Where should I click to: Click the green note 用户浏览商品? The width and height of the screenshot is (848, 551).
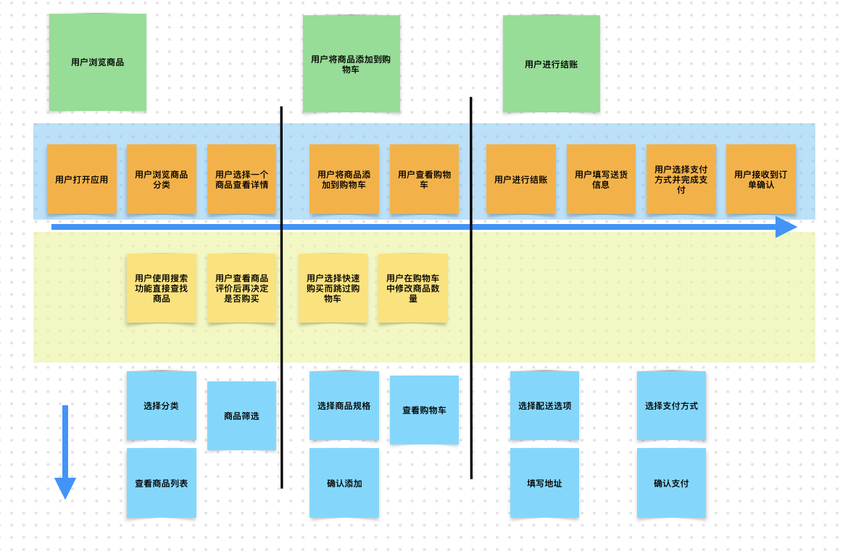[x=98, y=62]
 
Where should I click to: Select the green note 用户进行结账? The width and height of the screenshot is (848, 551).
[x=552, y=64]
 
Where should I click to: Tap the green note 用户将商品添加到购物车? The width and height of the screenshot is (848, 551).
[x=351, y=64]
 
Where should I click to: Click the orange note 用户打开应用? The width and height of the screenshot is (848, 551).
[x=82, y=179]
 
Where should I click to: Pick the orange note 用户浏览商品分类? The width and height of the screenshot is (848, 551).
[x=162, y=179]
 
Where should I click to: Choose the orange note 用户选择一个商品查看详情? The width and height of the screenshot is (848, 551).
[x=241, y=179]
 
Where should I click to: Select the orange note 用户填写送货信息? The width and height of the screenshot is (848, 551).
[x=601, y=179]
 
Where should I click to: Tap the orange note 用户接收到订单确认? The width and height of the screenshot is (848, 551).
[x=760, y=179]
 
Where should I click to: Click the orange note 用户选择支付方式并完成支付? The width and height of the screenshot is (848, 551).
[x=681, y=179]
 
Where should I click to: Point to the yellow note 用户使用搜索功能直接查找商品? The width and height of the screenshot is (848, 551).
[x=162, y=288]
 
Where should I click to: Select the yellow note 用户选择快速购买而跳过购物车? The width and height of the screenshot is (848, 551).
[x=333, y=288]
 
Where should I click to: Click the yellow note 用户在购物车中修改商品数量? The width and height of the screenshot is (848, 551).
[x=412, y=288]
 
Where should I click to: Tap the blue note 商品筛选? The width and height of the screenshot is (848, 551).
[x=241, y=415]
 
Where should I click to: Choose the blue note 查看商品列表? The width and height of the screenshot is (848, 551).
[x=162, y=483]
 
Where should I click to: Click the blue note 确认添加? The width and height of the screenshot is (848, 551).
[x=344, y=483]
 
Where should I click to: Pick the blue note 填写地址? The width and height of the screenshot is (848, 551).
[x=544, y=483]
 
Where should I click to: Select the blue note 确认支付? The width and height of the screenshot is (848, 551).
[x=671, y=483]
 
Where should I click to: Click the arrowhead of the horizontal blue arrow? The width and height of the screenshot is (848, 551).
[x=787, y=227]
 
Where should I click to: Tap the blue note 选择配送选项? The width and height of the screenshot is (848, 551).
[x=544, y=405]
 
